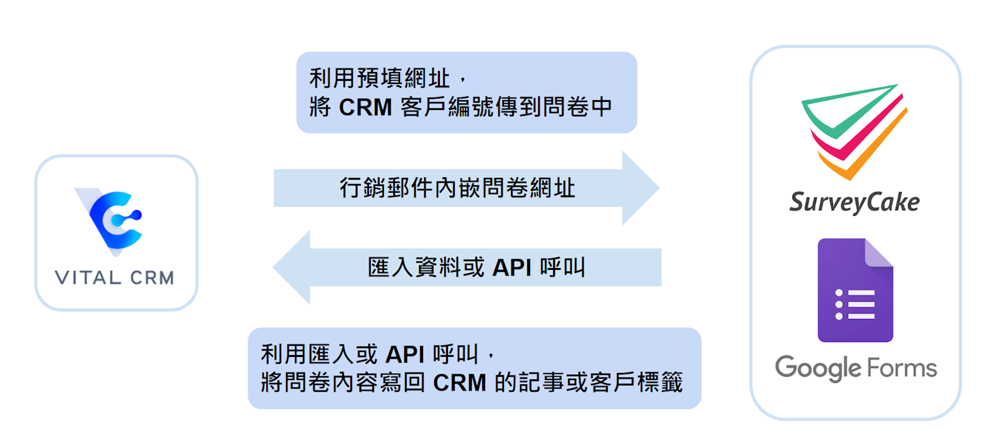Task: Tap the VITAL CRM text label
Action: click(x=114, y=277)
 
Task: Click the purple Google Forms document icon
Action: click(x=855, y=290)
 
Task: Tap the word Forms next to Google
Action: click(x=901, y=368)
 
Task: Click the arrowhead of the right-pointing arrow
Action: click(x=641, y=188)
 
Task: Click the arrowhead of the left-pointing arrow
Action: click(x=292, y=267)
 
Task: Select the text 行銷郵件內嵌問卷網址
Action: click(x=457, y=188)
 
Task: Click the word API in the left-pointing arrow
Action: click(x=511, y=268)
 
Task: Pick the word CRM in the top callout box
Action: click(x=365, y=108)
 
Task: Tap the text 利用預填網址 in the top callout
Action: click(x=379, y=79)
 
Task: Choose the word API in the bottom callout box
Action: click(x=404, y=355)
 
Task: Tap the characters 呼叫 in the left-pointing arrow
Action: click(x=562, y=268)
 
